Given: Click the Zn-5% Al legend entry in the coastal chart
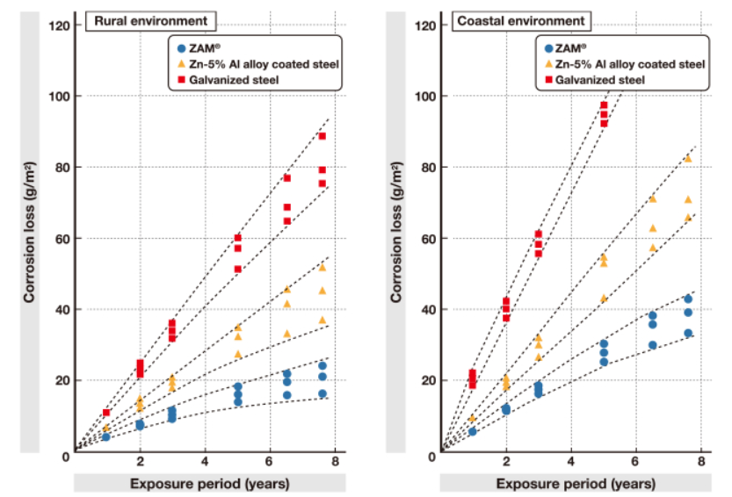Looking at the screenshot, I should pyautogui.click(x=625, y=64).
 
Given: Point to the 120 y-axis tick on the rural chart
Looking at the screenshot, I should pyautogui.click(x=62, y=25).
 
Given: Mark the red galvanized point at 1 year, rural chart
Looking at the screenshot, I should pyautogui.click(x=106, y=412).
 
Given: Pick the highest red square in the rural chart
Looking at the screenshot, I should pyautogui.click(x=323, y=136).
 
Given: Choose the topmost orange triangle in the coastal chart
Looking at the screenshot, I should pyautogui.click(x=688, y=158).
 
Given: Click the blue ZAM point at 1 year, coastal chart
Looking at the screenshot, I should pyautogui.click(x=473, y=431).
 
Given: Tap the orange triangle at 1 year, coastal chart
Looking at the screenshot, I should pyautogui.click(x=473, y=419).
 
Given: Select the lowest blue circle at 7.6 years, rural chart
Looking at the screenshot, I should pyautogui.click(x=323, y=393).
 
